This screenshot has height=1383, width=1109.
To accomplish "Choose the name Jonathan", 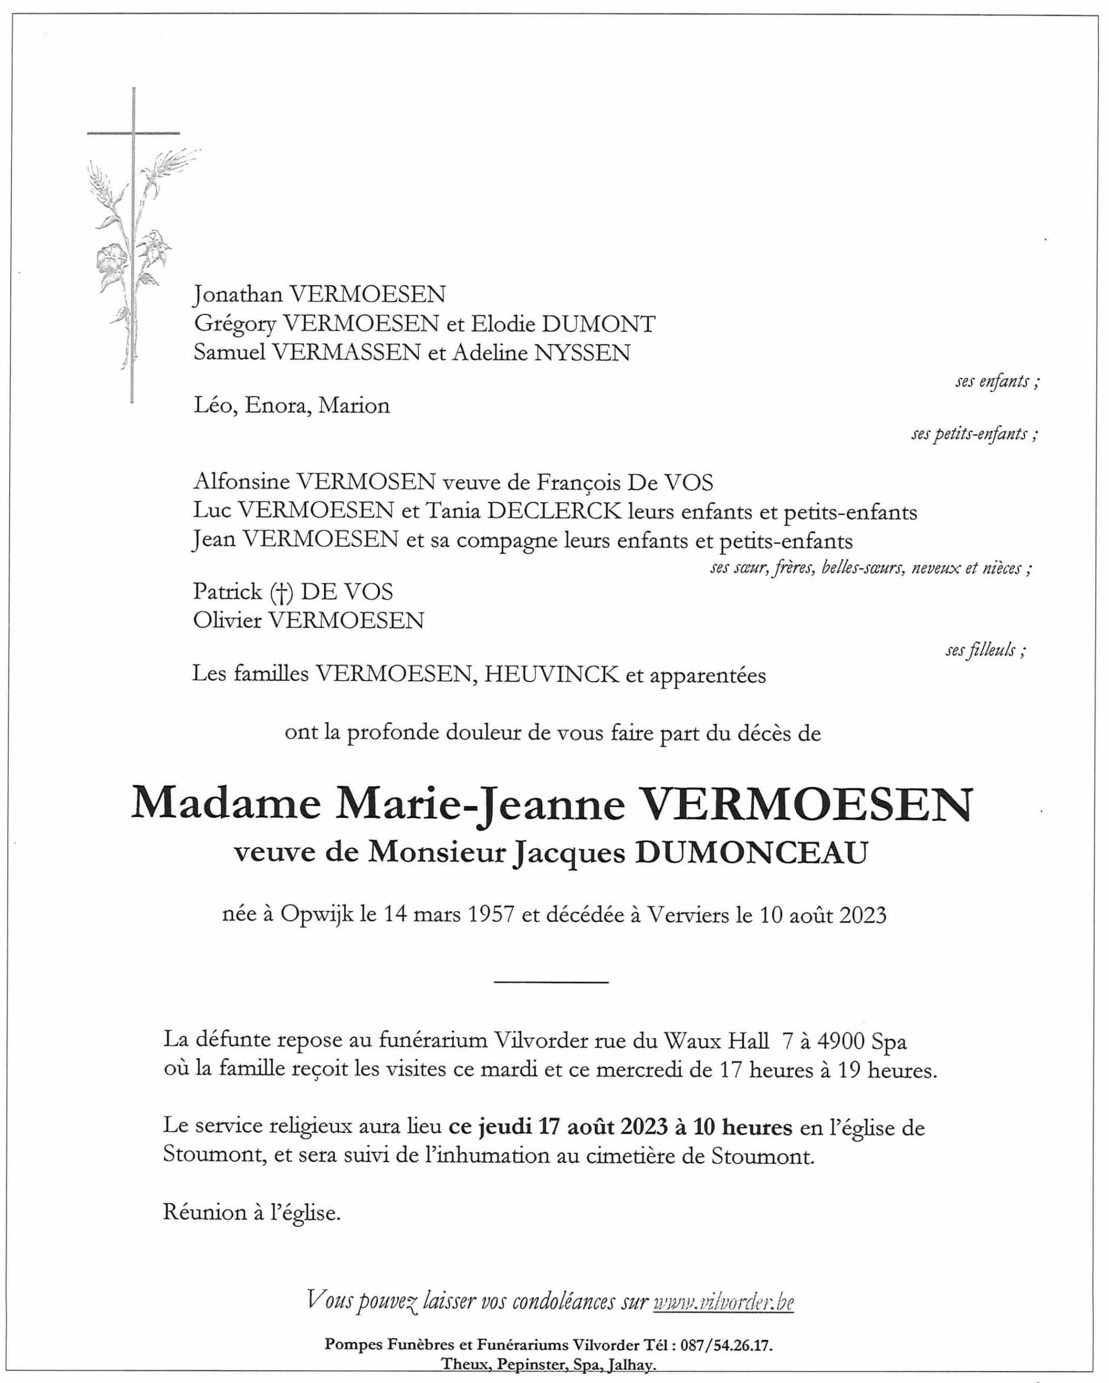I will coord(238,294).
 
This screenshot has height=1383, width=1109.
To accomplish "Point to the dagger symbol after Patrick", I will coord(281,592).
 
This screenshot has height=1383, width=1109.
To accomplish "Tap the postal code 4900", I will coord(842,1040).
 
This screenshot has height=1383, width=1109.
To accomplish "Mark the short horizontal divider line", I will coord(551,982).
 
